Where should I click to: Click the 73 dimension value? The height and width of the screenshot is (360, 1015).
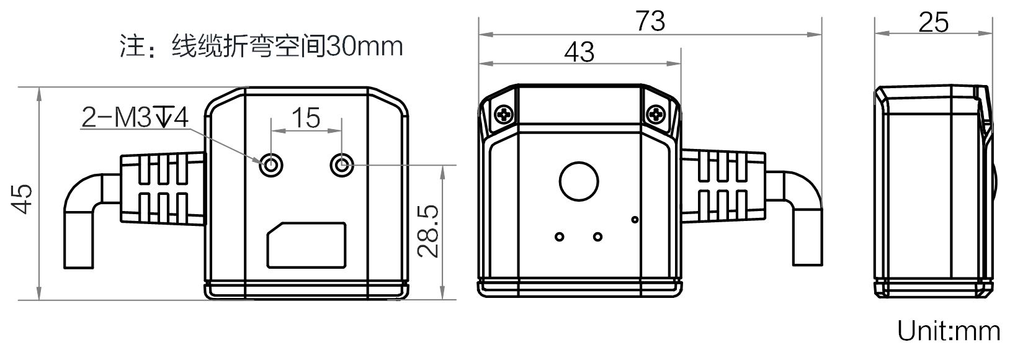pyautogui.click(x=650, y=20)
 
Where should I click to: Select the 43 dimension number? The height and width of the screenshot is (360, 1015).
pyautogui.click(x=579, y=52)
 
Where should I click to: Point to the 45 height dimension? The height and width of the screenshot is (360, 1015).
pyautogui.click(x=23, y=199)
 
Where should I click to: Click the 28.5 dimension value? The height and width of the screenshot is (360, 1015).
pyautogui.click(x=427, y=232)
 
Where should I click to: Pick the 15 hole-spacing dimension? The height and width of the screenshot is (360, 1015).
pyautogui.click(x=306, y=117)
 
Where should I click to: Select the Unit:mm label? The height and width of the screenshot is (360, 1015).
pyautogui.click(x=949, y=331)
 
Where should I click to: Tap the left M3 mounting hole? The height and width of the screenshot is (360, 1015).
pyautogui.click(x=271, y=166)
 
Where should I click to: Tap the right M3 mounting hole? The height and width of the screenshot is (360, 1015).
pyautogui.click(x=342, y=166)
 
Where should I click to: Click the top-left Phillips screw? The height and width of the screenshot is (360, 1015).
pyautogui.click(x=504, y=114)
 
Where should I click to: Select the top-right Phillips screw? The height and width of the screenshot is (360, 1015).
pyautogui.click(x=656, y=114)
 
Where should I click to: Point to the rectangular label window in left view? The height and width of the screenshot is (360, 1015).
pyautogui.click(x=306, y=245)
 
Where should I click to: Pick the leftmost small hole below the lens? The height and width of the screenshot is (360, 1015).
pyautogui.click(x=560, y=236)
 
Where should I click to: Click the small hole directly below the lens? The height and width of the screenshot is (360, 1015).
pyautogui.click(x=597, y=236)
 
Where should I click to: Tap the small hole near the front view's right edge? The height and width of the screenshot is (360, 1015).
pyautogui.click(x=634, y=219)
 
